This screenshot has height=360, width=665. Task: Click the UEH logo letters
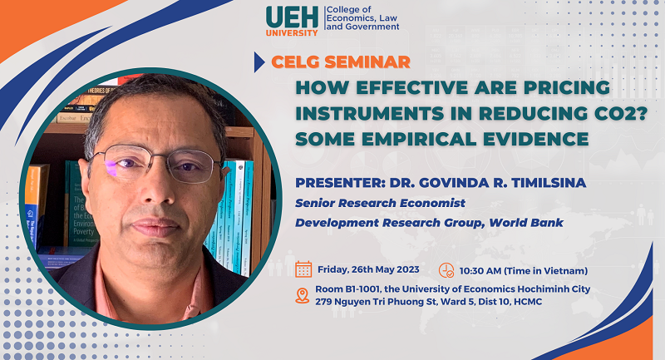pyautogui.click(x=292, y=17)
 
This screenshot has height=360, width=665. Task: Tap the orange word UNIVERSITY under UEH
pyautogui.click(x=292, y=32)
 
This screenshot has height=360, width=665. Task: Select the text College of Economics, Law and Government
pyautogui.click(x=362, y=18)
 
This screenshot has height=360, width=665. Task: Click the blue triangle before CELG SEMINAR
pyautogui.click(x=259, y=62)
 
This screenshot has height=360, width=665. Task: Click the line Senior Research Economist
pyautogui.click(x=380, y=203)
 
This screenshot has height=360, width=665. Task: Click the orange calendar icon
pyautogui.click(x=303, y=269)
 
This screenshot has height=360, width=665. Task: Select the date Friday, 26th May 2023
pyautogui.click(x=368, y=269)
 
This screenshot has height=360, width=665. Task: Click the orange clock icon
pyautogui.click(x=446, y=270)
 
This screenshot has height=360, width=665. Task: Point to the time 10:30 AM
pyautogui.click(x=480, y=270)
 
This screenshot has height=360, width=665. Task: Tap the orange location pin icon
pyautogui.click(x=303, y=295)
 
